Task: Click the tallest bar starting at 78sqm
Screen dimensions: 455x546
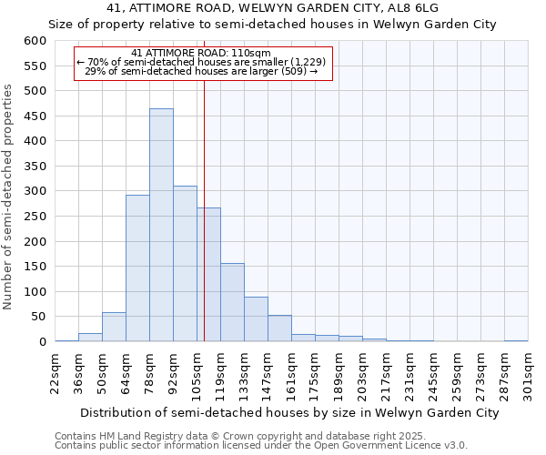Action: coord(161,226)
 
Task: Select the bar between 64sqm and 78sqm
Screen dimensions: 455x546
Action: coord(137,268)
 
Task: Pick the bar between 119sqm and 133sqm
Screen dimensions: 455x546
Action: coord(232,302)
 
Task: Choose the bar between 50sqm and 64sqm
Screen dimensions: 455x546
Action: coord(114,327)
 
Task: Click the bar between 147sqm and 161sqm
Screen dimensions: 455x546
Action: coord(279,329)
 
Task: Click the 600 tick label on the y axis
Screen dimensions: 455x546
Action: coord(35,41)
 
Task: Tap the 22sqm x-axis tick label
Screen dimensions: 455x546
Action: coord(56,372)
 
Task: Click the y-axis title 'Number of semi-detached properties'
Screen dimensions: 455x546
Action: coord(8,197)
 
